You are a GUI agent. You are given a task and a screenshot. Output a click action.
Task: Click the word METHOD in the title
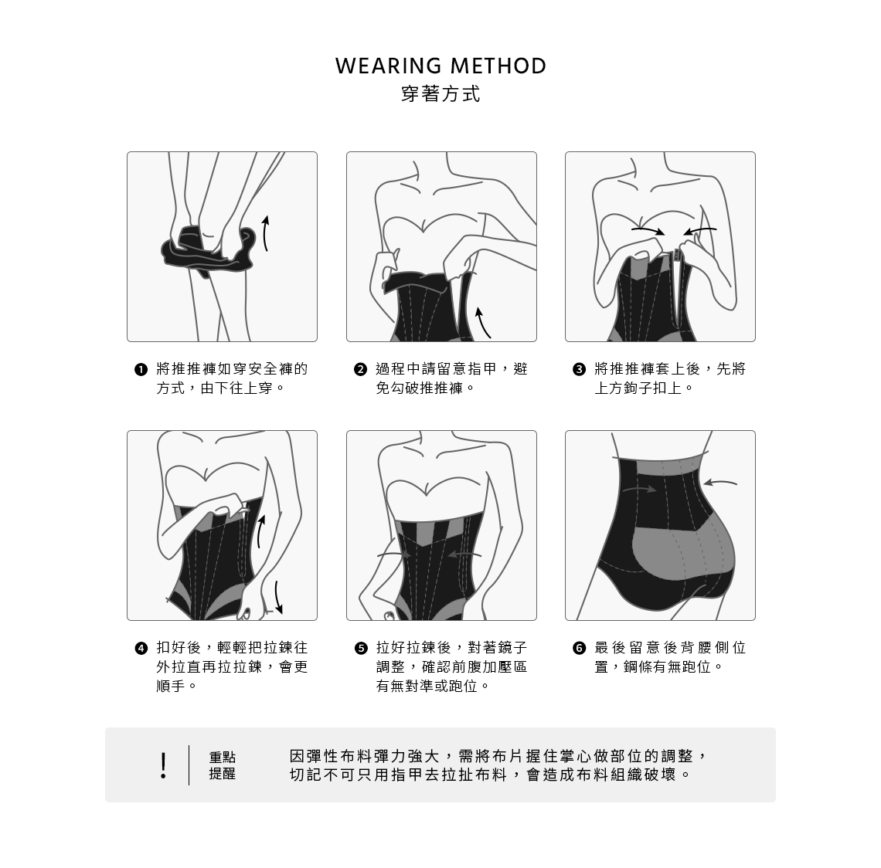tap(498, 66)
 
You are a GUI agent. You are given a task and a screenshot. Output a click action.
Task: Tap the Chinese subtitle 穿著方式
tap(440, 94)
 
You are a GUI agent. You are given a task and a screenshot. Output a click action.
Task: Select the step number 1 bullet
tap(141, 369)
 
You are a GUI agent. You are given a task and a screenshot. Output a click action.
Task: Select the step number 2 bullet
tap(360, 369)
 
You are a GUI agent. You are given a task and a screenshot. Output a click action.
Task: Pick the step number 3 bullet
tap(579, 369)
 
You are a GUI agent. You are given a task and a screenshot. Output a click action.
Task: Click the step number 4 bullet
tap(141, 649)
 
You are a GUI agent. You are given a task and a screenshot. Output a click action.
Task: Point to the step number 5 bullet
tap(360, 649)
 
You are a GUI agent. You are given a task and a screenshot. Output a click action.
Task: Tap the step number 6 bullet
tap(579, 649)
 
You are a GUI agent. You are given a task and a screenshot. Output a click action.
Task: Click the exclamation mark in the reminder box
tap(163, 765)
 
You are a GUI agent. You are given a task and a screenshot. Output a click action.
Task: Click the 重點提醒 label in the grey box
tap(223, 765)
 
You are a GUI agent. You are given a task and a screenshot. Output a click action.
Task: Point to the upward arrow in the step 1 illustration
tap(264, 232)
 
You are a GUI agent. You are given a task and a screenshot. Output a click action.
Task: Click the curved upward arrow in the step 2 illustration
tap(481, 322)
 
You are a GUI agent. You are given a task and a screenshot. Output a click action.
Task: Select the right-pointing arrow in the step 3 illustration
tap(648, 230)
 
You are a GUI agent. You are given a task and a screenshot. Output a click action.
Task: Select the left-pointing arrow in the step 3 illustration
tap(700, 229)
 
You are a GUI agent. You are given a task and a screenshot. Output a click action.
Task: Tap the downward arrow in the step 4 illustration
tap(278, 598)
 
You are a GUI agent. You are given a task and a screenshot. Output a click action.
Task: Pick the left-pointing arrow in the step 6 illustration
tap(719, 483)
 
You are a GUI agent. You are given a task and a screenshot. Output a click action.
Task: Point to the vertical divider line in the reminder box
tap(189, 765)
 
